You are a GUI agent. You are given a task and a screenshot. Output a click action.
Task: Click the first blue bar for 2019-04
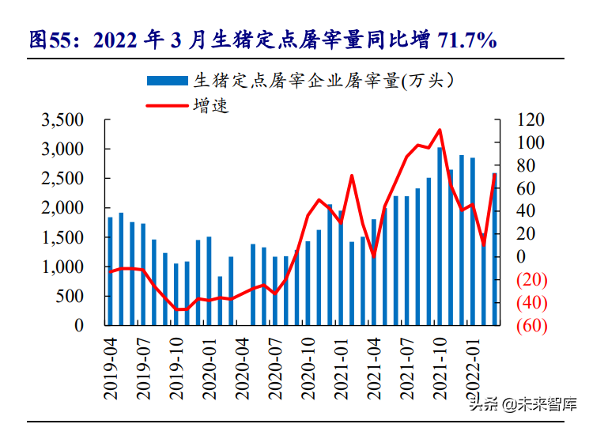[111, 271]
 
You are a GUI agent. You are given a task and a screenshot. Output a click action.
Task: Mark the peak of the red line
[440, 131]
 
